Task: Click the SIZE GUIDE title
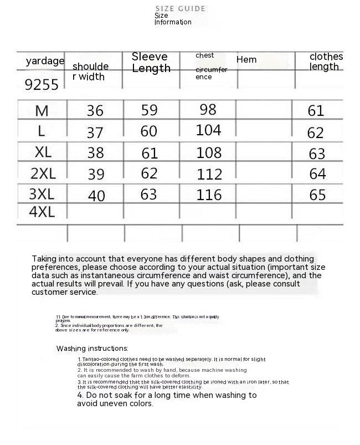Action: [180, 8]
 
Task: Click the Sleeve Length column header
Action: [150, 63]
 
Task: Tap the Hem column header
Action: [246, 59]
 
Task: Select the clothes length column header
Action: [326, 62]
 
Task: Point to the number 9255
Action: [42, 85]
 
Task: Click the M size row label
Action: [42, 111]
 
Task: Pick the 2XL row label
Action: [43, 173]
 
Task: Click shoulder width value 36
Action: [95, 111]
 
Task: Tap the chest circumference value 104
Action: [208, 130]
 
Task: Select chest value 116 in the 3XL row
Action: [209, 195]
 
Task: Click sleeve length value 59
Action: [149, 110]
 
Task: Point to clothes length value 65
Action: [317, 195]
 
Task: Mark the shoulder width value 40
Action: [96, 196]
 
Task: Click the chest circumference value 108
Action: [209, 152]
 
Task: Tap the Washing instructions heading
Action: [92, 349]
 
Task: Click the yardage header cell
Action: [45, 61]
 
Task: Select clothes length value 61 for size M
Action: [316, 111]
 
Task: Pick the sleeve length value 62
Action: [149, 173]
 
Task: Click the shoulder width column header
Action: [90, 71]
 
